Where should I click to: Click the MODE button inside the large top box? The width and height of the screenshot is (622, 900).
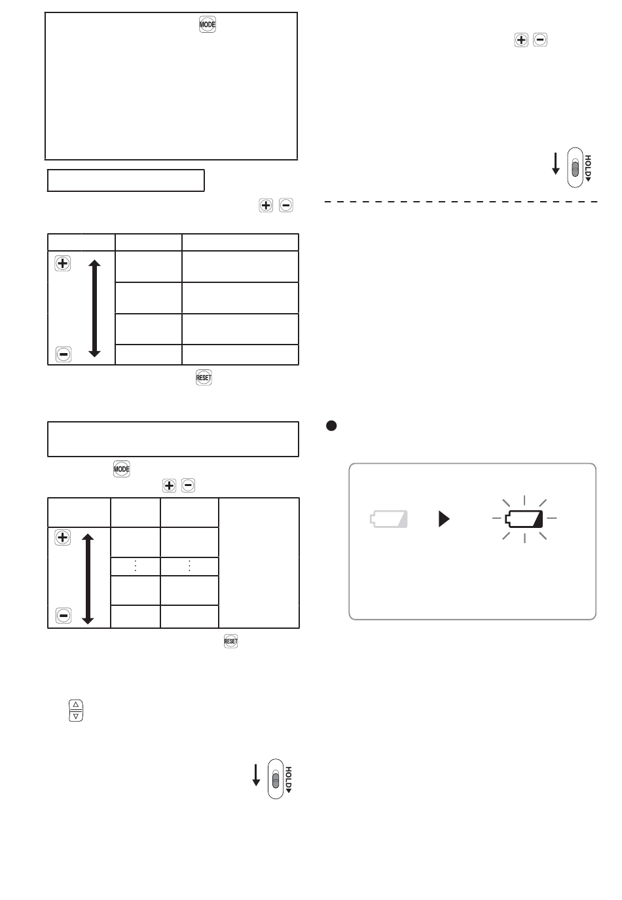tap(207, 24)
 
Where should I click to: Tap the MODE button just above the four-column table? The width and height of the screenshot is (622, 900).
tap(121, 469)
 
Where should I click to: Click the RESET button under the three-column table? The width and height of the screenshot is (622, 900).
tap(204, 378)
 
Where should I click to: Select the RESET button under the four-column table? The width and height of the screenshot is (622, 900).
tap(230, 641)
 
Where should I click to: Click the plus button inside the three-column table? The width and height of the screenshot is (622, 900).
tap(62, 263)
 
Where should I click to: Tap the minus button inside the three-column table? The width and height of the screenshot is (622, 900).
tap(63, 354)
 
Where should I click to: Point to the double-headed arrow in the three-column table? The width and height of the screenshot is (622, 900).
tap(94, 308)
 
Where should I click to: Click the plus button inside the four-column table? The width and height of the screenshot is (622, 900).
tap(62, 537)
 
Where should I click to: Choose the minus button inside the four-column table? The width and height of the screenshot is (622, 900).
tap(63, 615)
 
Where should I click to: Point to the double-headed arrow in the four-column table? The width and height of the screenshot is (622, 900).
tap(88, 578)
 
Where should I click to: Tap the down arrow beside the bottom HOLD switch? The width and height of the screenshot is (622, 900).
tap(256, 775)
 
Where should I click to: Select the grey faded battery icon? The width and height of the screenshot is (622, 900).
tap(388, 519)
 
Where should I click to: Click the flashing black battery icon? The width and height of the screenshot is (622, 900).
tap(524, 519)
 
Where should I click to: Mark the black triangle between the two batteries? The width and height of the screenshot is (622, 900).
tap(444, 519)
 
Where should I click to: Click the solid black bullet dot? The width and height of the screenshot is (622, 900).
tap(331, 426)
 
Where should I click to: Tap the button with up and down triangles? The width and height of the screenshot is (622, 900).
tap(75, 710)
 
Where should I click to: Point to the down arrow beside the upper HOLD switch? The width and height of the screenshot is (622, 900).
tap(555, 164)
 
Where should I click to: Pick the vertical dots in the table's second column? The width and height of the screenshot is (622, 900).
tap(136, 566)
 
